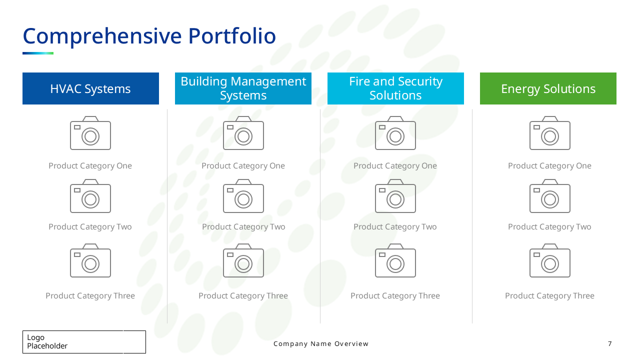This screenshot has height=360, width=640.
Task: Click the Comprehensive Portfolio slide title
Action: click(149, 36)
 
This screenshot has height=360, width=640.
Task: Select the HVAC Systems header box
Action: click(90, 88)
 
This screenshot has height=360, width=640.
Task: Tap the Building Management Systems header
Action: click(243, 88)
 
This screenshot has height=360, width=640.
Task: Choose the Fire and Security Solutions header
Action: click(395, 88)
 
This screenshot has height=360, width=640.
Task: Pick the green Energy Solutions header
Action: click(548, 88)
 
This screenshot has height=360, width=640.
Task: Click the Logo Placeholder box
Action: click(84, 342)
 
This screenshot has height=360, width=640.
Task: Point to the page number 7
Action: click(609, 344)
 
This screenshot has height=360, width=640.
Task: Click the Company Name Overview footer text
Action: click(321, 344)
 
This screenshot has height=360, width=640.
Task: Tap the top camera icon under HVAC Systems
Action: click(90, 133)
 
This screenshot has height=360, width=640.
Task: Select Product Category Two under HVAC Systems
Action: click(90, 227)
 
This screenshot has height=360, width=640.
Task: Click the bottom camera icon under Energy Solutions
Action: click(550, 261)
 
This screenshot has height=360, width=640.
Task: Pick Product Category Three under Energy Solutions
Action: click(549, 296)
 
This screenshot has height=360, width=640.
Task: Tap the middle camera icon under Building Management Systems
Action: click(243, 196)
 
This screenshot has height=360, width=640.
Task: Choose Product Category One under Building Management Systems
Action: click(243, 166)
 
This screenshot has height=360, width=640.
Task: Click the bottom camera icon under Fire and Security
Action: click(395, 261)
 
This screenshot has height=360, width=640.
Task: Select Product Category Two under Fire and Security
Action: click(395, 227)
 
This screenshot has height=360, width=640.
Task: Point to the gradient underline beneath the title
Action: click(38, 53)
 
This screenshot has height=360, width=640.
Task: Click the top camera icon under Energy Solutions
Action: click(550, 133)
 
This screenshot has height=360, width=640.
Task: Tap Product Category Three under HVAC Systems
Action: click(90, 296)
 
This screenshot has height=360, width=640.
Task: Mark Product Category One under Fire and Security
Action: click(395, 166)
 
